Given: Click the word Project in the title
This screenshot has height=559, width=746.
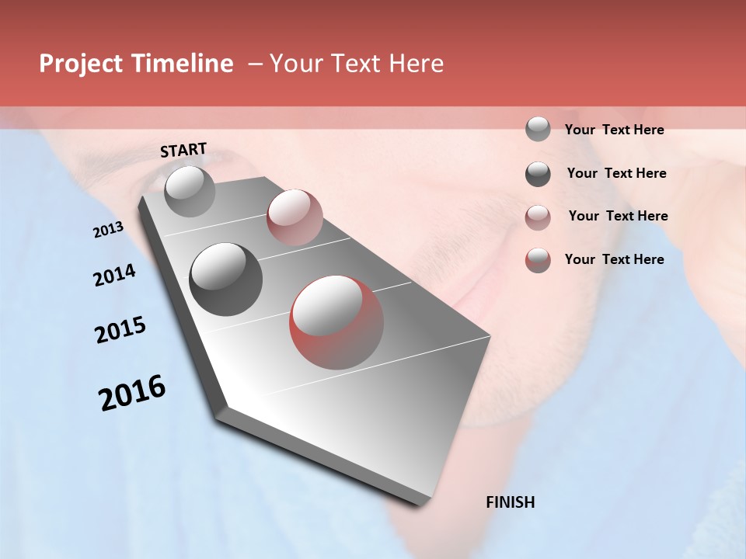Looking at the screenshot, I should click(80, 64).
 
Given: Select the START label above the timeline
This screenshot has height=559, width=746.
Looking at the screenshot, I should click(183, 150).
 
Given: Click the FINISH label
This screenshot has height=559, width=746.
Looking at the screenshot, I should click(510, 502).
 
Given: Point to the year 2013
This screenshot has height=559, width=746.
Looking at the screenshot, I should click(108, 230).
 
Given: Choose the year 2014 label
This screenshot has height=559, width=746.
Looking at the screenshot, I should click(114, 275).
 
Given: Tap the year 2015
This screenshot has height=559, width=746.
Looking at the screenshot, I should click(120, 330).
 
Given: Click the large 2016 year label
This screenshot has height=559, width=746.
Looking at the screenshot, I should click(132, 393).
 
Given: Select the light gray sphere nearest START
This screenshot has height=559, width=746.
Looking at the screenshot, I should click(190, 191).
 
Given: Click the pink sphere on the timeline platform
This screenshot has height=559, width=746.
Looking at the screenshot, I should click(295, 217).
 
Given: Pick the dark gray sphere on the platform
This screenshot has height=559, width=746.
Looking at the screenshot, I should click(226, 279).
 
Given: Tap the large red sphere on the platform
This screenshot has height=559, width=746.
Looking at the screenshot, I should click(336, 322).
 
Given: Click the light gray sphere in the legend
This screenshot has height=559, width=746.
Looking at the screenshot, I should click(538, 129).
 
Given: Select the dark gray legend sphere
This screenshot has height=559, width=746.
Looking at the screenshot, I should click(538, 174).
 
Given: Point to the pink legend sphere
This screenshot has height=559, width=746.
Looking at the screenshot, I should click(538, 217).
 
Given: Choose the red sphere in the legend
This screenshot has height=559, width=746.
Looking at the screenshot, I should click(538, 260).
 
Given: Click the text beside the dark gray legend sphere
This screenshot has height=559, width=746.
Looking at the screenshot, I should click(616, 173).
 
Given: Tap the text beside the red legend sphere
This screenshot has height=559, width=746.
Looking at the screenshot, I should click(614, 259).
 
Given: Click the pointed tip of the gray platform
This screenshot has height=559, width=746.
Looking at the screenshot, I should click(424, 504).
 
